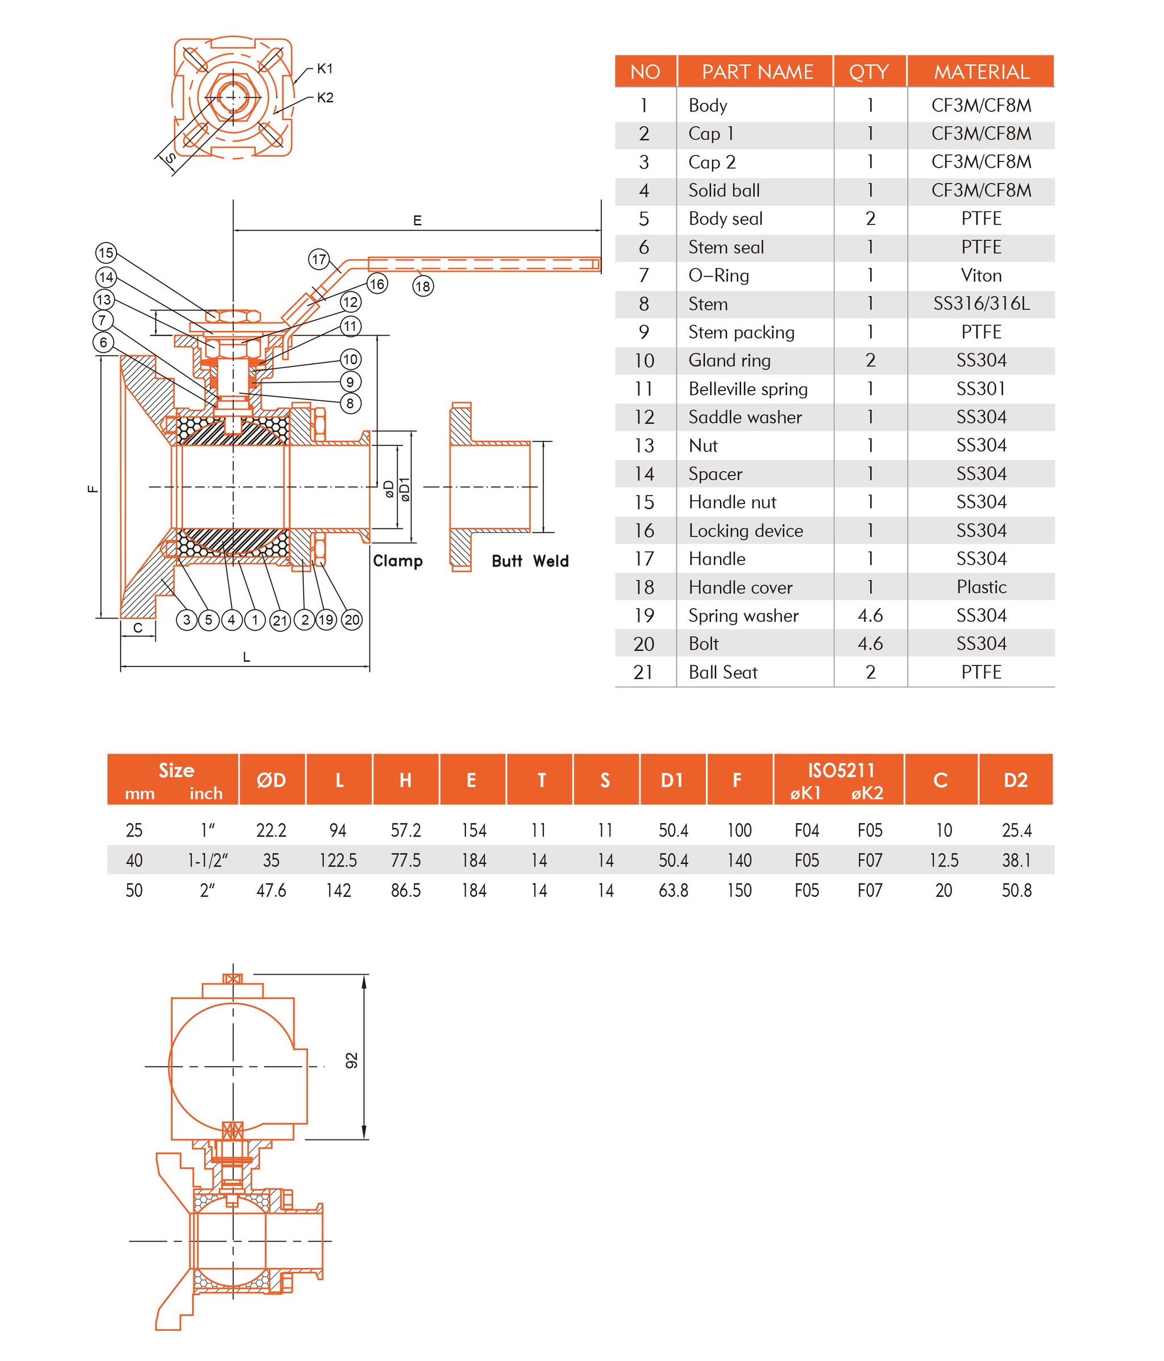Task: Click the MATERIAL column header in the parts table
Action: click(x=981, y=72)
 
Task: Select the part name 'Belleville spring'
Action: click(x=747, y=389)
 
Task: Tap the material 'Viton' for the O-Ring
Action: click(x=981, y=275)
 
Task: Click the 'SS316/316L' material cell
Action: click(x=981, y=303)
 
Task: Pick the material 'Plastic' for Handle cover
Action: click(x=981, y=587)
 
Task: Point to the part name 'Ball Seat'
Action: click(x=722, y=672)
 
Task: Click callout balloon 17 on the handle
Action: click(x=319, y=260)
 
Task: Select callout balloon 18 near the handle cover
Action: click(x=423, y=286)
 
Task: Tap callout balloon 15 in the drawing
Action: click(x=106, y=253)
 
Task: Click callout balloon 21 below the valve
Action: click(x=281, y=620)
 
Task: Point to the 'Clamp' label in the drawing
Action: click(x=397, y=561)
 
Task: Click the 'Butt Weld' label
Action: click(x=530, y=561)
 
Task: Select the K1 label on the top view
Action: click(x=325, y=68)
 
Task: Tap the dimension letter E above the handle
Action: click(x=417, y=220)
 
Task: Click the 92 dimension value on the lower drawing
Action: click(x=352, y=1061)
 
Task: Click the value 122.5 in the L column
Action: click(x=338, y=860)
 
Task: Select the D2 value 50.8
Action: click(x=1016, y=890)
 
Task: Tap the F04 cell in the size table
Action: click(x=807, y=831)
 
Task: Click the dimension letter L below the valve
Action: click(x=246, y=657)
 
